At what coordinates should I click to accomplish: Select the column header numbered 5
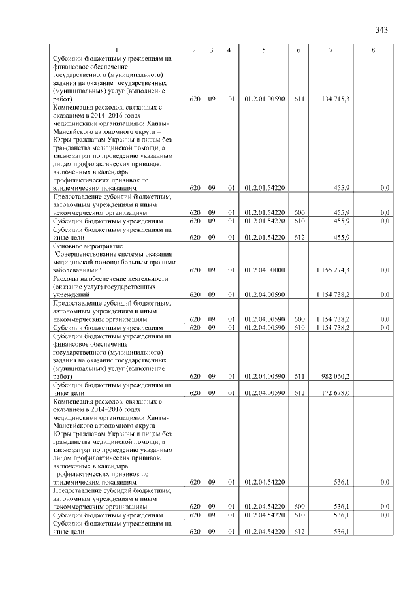tap(264, 50)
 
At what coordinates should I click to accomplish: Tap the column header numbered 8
tap(372, 50)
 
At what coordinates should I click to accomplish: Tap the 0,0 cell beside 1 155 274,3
tap(385, 270)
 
